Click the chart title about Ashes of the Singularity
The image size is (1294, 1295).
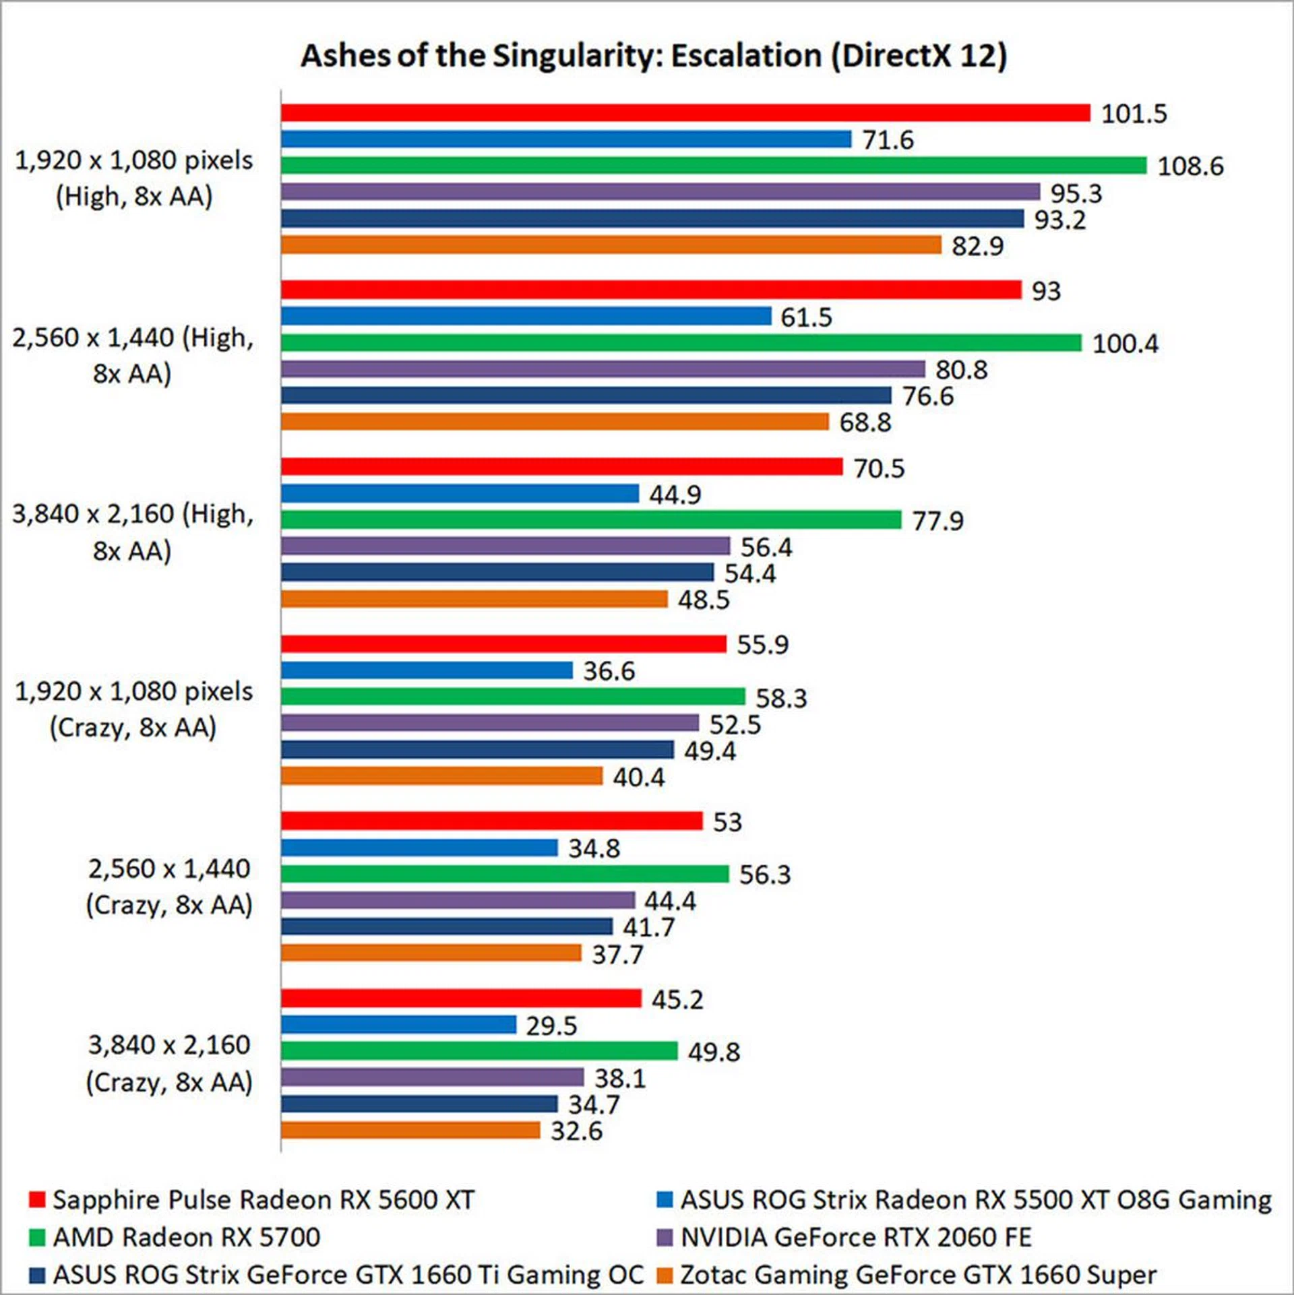click(x=653, y=56)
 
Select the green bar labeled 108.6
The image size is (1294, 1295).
click(x=713, y=165)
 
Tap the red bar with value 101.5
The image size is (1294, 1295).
click(x=685, y=113)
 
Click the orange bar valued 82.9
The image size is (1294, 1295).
click(x=611, y=245)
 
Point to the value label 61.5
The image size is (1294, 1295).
click(x=806, y=317)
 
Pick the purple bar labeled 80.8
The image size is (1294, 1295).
click(x=603, y=369)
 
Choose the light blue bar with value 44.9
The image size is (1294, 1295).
click(x=460, y=494)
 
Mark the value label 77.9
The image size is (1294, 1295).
click(x=937, y=521)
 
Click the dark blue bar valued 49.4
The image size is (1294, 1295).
click(x=477, y=749)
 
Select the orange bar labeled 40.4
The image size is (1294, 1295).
click(x=441, y=776)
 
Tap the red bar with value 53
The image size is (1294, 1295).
click(x=491, y=821)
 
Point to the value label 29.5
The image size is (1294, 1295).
click(x=551, y=1026)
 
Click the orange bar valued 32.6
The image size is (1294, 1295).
click(x=410, y=1130)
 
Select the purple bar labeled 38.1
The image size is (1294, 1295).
click(x=432, y=1077)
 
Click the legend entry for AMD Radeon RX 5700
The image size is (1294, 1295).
click(x=186, y=1237)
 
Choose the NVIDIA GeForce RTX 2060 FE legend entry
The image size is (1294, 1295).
click(x=855, y=1237)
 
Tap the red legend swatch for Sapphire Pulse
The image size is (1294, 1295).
click(x=37, y=1199)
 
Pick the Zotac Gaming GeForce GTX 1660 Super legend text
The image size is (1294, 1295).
click(x=918, y=1275)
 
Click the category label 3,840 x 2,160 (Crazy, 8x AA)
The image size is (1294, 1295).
click(x=168, y=1063)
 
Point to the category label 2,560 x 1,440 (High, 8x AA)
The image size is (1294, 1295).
click(x=133, y=355)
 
